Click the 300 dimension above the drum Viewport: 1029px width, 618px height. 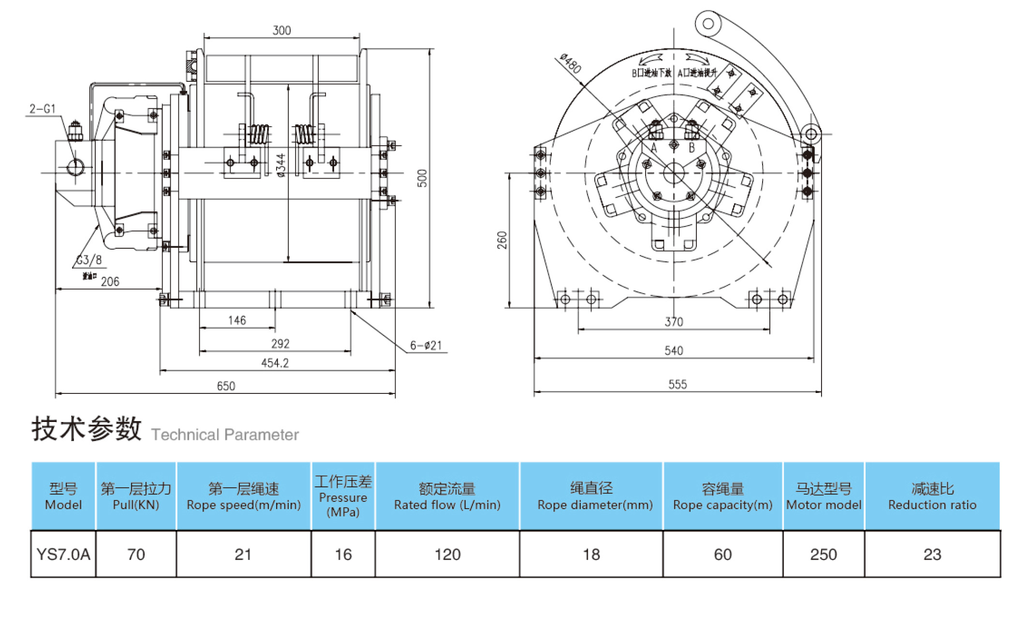point(281,30)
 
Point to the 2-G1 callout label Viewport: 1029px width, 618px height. point(43,109)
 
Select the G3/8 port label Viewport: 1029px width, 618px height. point(90,260)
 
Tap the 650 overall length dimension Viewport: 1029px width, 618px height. point(226,386)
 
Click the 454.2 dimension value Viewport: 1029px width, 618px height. point(275,363)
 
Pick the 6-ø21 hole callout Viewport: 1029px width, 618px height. point(426,346)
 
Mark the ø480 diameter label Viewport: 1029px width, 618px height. point(571,63)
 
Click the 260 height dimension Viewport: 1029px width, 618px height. point(502,240)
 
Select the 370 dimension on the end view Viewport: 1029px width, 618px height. point(674,322)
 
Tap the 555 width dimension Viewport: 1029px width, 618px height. point(677,384)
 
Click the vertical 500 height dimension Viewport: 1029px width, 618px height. point(423,178)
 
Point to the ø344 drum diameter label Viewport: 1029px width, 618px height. point(281,165)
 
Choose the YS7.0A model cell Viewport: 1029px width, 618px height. point(63,554)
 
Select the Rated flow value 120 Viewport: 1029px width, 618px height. point(447,554)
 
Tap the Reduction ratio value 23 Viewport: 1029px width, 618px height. point(932,554)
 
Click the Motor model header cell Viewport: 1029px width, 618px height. point(823,496)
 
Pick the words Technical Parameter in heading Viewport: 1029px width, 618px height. point(225,435)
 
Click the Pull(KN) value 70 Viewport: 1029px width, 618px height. point(136,554)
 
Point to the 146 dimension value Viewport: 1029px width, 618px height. point(237,320)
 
